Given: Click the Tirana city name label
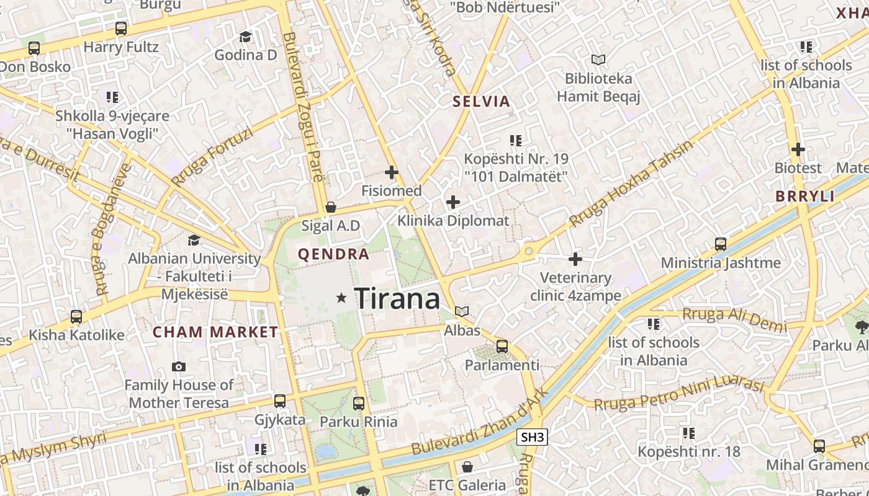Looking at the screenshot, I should click(x=397, y=299).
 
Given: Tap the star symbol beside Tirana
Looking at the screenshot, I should click(x=341, y=298).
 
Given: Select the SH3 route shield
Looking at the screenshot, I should click(x=533, y=437).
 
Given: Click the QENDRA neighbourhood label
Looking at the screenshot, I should click(x=333, y=254).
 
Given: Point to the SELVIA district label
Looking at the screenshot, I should click(x=481, y=102).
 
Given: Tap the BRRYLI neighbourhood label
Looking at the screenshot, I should click(x=805, y=197).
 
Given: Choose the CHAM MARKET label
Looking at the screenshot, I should click(x=215, y=332).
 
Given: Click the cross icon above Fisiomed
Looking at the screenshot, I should click(x=392, y=172).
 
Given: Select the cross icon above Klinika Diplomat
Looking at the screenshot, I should click(x=453, y=202).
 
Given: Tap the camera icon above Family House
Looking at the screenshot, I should click(x=179, y=367).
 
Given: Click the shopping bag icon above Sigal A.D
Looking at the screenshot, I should click(x=331, y=207).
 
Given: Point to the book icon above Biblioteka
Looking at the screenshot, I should click(x=598, y=60).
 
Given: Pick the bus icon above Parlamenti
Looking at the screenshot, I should click(x=502, y=347).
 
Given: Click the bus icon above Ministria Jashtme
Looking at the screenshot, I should click(x=720, y=244).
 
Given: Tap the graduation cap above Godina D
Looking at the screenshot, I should click(x=245, y=37).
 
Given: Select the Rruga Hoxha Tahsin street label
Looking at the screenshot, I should click(x=630, y=184).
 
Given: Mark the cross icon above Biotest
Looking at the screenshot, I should click(x=798, y=149).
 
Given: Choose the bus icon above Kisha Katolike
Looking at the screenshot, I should click(x=76, y=317).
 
